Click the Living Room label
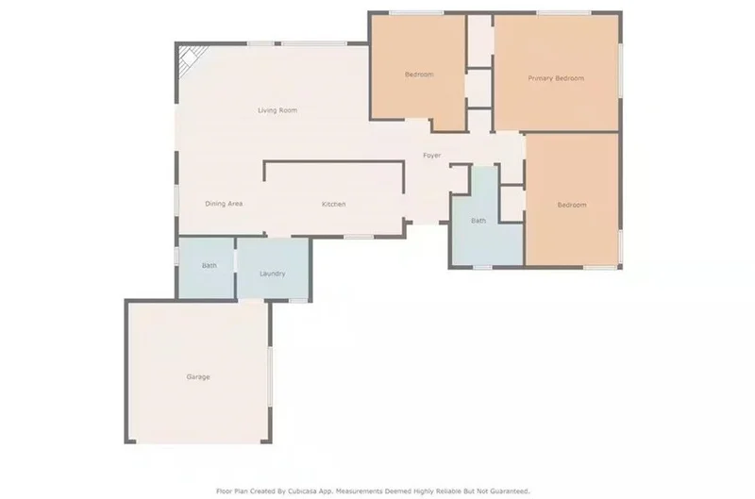(x=277, y=110)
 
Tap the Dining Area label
(x=224, y=204)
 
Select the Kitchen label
(x=334, y=204)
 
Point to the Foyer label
(x=432, y=155)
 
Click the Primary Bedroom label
(x=556, y=78)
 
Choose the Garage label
(x=198, y=376)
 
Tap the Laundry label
(x=273, y=274)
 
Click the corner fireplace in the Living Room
(x=191, y=58)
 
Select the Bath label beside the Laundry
(x=210, y=265)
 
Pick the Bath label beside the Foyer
(x=478, y=221)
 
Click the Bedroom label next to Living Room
(x=419, y=75)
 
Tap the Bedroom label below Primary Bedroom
(x=572, y=205)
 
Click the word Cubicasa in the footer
(x=302, y=491)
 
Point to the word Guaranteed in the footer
(x=509, y=491)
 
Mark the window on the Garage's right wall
(x=270, y=376)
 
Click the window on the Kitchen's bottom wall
(x=359, y=237)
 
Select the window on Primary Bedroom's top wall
(x=563, y=12)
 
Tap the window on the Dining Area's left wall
(x=176, y=201)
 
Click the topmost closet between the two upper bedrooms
(x=479, y=41)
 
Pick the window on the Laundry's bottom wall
(x=298, y=301)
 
